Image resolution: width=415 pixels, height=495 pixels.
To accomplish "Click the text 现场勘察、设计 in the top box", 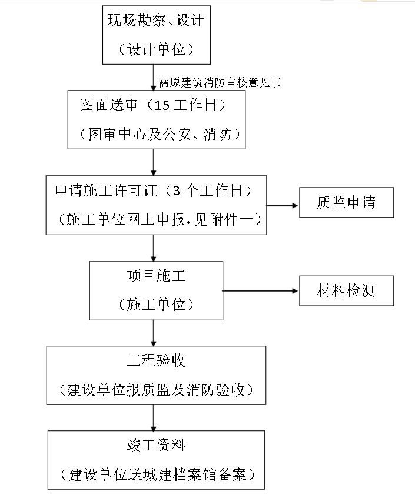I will pos(156,21).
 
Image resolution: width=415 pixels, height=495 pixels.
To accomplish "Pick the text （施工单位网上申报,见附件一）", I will pos(156,219).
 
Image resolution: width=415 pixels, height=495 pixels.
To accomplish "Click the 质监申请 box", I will pos(346,203).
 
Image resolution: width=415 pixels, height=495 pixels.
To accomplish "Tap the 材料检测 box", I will pos(346,290).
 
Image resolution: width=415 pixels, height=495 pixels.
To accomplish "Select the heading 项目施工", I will pos(156,276).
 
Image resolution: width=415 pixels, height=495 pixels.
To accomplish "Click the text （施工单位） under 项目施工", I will pos(156,305).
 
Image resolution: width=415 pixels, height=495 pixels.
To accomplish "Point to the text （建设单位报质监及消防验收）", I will pos(156,389).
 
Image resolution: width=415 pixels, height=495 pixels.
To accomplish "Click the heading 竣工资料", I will pos(156,445).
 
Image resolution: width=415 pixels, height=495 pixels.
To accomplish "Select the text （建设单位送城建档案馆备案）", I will pos(156,474).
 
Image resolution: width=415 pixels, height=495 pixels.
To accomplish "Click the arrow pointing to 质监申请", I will pos(283,206).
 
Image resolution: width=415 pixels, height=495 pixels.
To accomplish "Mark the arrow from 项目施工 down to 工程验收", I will pos(154,333).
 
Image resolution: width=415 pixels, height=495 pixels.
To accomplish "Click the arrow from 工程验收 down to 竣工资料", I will pos(154,417).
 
